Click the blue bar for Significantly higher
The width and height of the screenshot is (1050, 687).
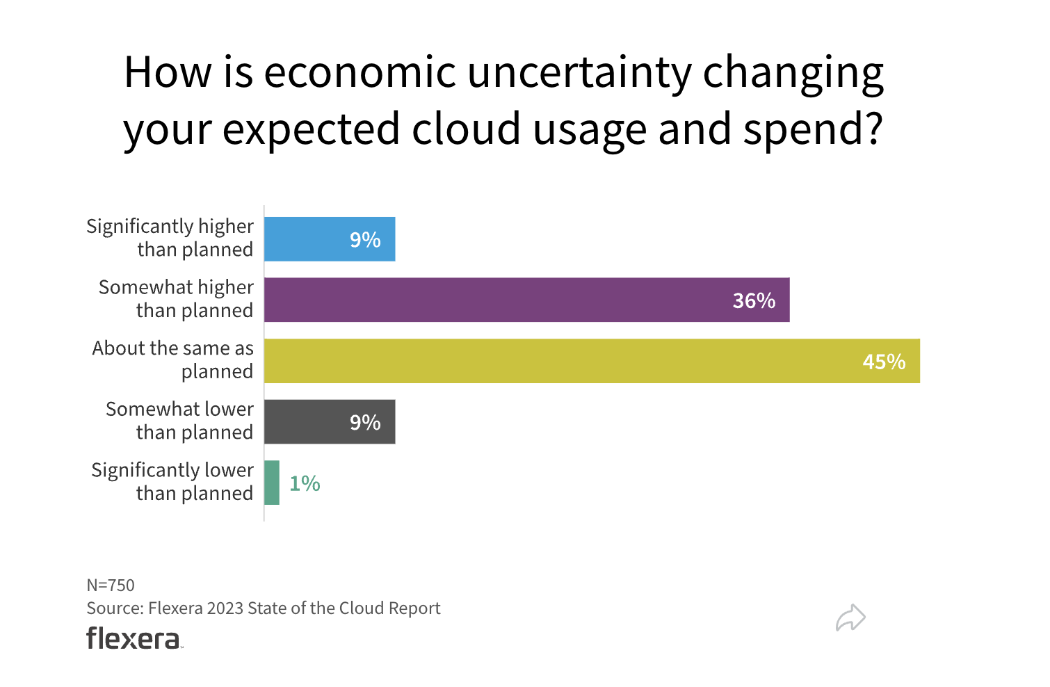[330, 239]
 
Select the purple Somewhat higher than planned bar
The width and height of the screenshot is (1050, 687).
[526, 300]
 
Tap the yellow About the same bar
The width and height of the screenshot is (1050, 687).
[592, 361]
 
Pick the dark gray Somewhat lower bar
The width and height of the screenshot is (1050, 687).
[330, 421]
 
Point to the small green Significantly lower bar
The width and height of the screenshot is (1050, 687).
[272, 483]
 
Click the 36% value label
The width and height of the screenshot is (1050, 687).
[754, 300]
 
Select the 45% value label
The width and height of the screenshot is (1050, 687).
[884, 362]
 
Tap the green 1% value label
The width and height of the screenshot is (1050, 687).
[305, 483]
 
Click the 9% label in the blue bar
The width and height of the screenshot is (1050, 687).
[365, 240]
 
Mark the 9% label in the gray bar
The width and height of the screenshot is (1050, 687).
[365, 422]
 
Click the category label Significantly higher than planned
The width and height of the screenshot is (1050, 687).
[170, 238]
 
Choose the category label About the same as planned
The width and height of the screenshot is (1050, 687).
[173, 359]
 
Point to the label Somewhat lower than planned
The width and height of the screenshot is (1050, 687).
[179, 421]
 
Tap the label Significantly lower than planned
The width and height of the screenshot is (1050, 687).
[172, 481]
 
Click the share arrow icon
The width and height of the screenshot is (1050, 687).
[850, 617]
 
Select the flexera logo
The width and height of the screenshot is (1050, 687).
[134, 638]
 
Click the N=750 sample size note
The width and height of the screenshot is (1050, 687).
[111, 585]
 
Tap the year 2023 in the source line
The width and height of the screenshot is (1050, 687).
[225, 608]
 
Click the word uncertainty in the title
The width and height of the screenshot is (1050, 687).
[580, 72]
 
